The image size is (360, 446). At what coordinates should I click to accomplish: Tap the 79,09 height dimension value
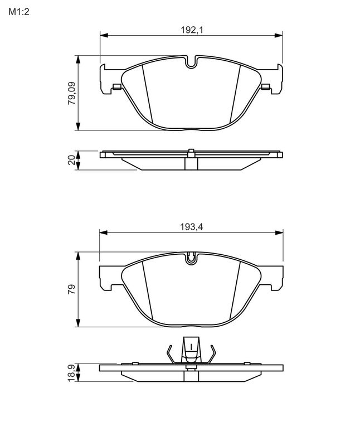(71, 93)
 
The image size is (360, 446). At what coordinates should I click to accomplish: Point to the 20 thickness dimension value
(71, 160)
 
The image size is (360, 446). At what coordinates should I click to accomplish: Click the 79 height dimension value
(71, 290)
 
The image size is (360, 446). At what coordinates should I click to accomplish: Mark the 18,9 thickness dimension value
(71, 373)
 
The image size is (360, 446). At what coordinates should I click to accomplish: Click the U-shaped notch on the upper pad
(191, 62)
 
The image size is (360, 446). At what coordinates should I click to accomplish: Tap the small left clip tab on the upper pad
(116, 86)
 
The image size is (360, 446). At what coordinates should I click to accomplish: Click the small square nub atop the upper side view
(191, 151)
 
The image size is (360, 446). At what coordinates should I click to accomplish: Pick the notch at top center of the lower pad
(191, 258)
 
